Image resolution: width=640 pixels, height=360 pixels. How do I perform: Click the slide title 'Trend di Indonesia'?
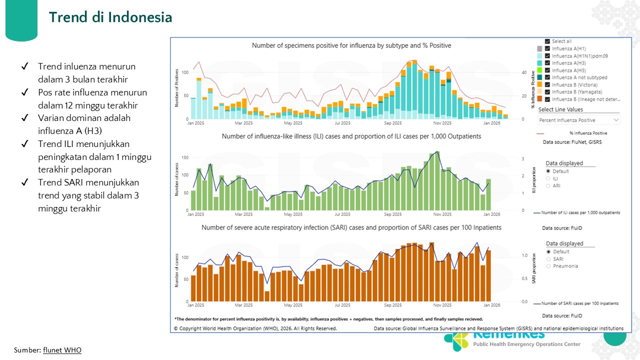pyautogui.click(x=110, y=17)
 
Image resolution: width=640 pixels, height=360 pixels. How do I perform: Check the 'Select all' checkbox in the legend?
pyautogui.click(x=547, y=41)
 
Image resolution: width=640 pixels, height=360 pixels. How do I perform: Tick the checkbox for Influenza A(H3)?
pyautogui.click(x=547, y=63)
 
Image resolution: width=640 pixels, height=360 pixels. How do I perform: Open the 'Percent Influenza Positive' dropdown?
pyautogui.click(x=579, y=120)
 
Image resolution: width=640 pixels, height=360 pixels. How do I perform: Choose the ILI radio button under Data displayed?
pyautogui.click(x=548, y=178)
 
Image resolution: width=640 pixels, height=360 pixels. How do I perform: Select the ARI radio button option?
pyautogui.click(x=548, y=185)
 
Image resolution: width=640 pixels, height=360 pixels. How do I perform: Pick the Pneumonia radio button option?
pyautogui.click(x=548, y=266)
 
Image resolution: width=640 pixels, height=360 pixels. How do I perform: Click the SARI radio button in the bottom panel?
pyautogui.click(x=548, y=259)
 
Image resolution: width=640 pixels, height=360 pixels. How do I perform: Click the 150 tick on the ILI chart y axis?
pyautogui.click(x=185, y=157)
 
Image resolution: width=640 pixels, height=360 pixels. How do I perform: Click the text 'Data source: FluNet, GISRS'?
pyautogui.click(x=573, y=142)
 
